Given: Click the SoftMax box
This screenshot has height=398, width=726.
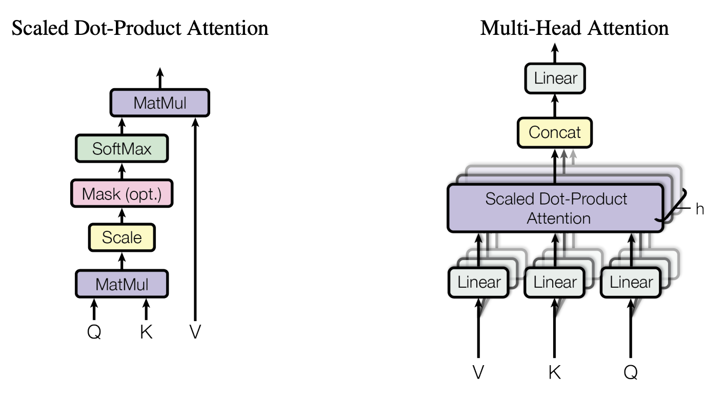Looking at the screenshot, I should [x=122, y=149].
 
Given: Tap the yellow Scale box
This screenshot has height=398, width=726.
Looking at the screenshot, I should [x=122, y=237].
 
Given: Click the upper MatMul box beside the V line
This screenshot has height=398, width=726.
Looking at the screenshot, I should [x=160, y=103].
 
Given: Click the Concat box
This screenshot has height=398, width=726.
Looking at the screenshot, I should [x=555, y=132].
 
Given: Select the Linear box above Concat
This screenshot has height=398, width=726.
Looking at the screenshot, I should [x=555, y=78].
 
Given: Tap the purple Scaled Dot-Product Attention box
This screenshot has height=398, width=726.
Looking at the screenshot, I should [x=556, y=208].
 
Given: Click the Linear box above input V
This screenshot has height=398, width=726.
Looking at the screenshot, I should [x=479, y=282].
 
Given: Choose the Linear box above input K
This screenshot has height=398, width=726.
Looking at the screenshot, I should [x=555, y=282].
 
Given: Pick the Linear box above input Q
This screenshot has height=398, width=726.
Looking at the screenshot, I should [x=631, y=282].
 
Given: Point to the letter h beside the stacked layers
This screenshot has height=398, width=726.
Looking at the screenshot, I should [x=699, y=209].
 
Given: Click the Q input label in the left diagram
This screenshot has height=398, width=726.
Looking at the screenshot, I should [x=94, y=332].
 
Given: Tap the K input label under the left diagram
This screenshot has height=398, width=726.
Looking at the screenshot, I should [x=146, y=332].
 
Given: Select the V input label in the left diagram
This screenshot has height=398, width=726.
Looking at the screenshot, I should [x=195, y=332].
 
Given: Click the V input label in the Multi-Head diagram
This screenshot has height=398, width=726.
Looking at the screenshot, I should [x=478, y=371].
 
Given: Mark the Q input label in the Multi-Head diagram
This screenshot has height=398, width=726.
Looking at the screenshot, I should [x=631, y=371].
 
